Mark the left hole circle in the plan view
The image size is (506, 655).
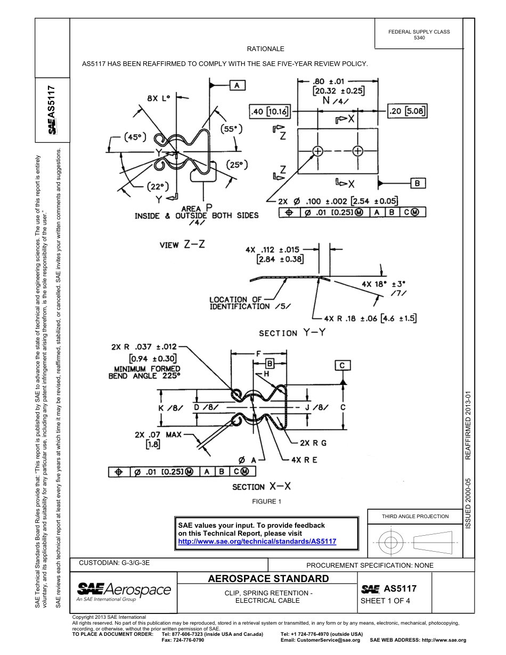pos(318,151)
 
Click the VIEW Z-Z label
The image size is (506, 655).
pos(182,244)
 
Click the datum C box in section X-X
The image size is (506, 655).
pos(342,365)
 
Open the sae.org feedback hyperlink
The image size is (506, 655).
pos(257,541)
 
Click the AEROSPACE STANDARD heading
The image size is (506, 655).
pos(268,579)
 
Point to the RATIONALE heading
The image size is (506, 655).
pos(265,49)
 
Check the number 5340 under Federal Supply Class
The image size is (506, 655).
pos(419,38)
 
